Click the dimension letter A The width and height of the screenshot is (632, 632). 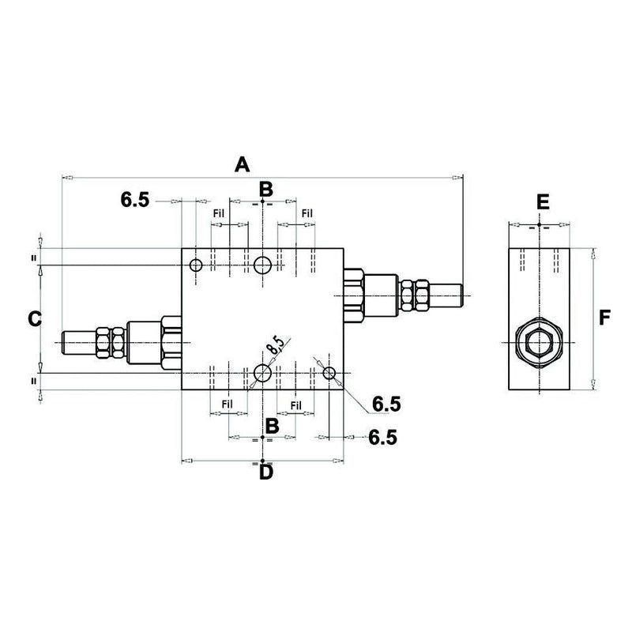(x=242, y=164)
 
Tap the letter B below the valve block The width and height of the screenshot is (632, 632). (x=272, y=426)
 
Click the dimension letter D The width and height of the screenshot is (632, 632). (x=266, y=472)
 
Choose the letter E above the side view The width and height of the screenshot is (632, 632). (x=542, y=202)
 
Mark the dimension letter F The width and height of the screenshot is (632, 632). (x=605, y=318)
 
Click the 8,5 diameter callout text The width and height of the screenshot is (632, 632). (x=275, y=345)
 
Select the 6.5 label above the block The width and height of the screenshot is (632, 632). (x=135, y=200)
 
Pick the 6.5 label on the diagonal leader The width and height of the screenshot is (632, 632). (x=386, y=404)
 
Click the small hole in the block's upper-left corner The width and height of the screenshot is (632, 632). (x=196, y=265)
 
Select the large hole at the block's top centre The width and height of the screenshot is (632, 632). (x=263, y=264)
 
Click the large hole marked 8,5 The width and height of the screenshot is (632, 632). (x=263, y=373)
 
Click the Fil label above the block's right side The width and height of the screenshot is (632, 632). (x=307, y=213)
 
